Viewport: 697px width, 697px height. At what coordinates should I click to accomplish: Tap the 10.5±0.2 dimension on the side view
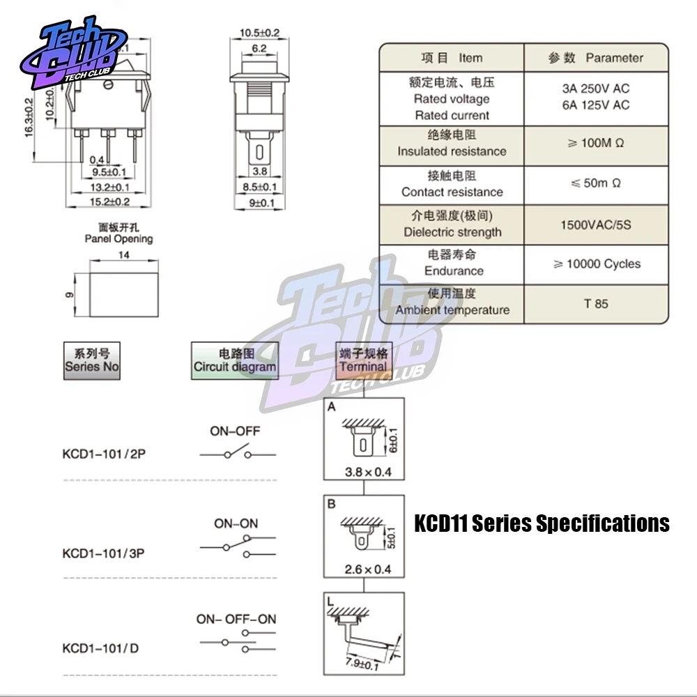pyautogui.click(x=259, y=33)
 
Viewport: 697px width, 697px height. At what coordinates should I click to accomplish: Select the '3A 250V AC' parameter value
pyautogui.click(x=595, y=89)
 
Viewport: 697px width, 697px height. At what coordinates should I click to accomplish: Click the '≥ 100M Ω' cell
pyautogui.click(x=595, y=144)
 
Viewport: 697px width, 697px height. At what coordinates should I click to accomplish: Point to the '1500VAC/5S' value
pyautogui.click(x=595, y=225)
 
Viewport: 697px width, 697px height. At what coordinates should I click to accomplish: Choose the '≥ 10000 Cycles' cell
pyautogui.click(x=596, y=264)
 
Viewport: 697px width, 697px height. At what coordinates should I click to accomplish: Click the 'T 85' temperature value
pyautogui.click(x=596, y=304)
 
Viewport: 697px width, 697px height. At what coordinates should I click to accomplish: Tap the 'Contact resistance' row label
pyautogui.click(x=452, y=192)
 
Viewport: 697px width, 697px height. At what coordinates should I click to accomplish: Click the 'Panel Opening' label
pyautogui.click(x=118, y=238)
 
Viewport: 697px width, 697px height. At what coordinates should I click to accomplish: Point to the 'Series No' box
pyautogui.click(x=92, y=360)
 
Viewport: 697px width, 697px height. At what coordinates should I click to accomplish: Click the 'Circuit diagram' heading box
pyautogui.click(x=235, y=360)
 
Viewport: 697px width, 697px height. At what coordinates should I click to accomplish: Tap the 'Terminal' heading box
pyautogui.click(x=363, y=360)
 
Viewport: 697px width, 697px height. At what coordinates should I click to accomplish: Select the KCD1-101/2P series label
pyautogui.click(x=104, y=454)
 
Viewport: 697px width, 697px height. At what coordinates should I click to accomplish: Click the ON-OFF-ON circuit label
pyautogui.click(x=236, y=619)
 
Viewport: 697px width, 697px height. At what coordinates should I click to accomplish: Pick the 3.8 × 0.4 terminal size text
pyautogui.click(x=368, y=472)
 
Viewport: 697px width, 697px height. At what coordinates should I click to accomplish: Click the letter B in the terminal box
pyautogui.click(x=332, y=503)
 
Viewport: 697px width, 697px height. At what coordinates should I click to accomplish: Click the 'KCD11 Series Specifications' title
pyautogui.click(x=542, y=523)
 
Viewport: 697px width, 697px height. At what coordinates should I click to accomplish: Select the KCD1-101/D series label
pyautogui.click(x=100, y=648)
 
